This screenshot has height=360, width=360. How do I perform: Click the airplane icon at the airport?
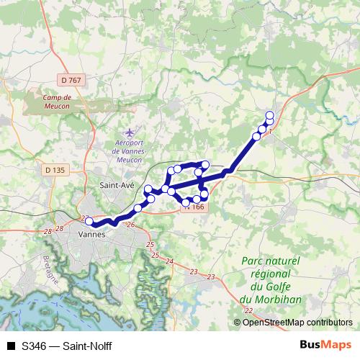pos(130,133)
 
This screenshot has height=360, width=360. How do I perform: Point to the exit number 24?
pos(169,261)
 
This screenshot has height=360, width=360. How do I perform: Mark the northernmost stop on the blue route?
pos(270,115)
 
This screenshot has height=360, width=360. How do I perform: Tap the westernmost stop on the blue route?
pos(89,221)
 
